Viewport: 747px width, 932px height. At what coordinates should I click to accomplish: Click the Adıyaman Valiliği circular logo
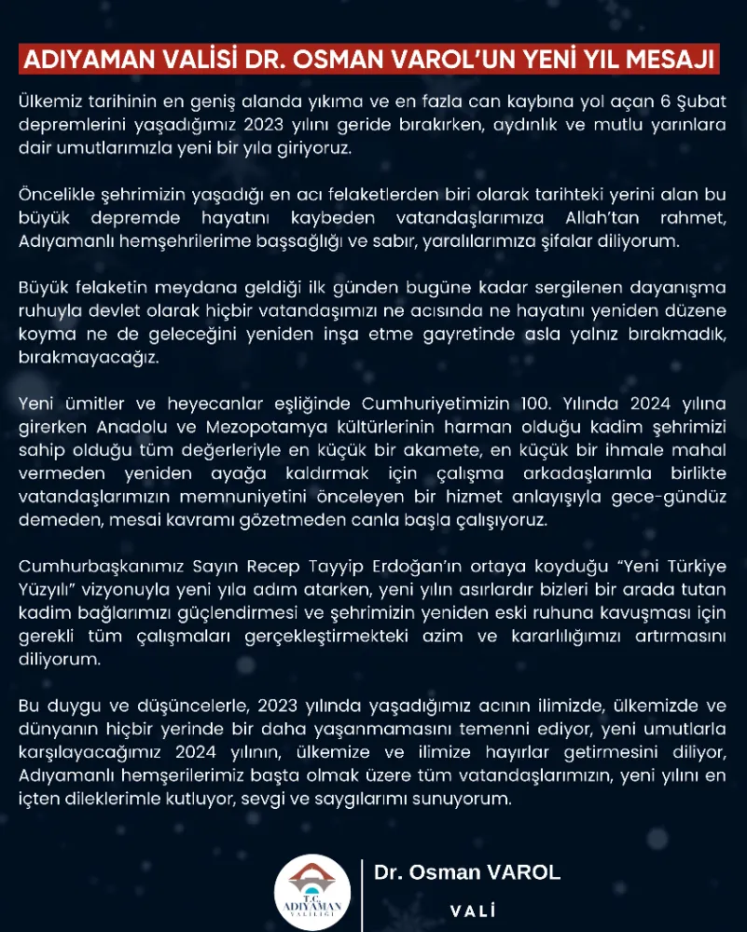tap(312, 892)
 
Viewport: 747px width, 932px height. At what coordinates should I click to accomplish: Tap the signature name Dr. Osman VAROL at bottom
tap(467, 872)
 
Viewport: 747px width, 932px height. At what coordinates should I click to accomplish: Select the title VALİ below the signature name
tap(472, 911)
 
